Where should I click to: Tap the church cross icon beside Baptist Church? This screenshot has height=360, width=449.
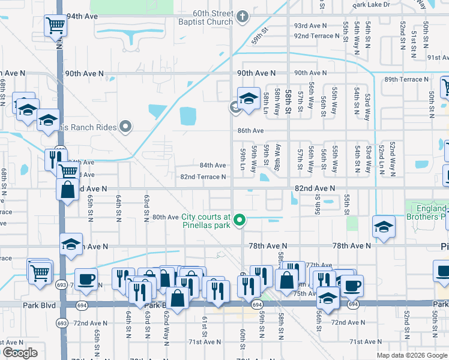point(243,16)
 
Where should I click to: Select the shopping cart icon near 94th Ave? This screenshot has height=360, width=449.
point(55,26)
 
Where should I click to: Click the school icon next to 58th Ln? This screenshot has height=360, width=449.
point(248,98)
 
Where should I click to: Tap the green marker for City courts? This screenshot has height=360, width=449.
point(240,221)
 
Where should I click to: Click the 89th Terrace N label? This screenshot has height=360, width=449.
point(408,79)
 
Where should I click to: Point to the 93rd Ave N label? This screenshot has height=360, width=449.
point(310,26)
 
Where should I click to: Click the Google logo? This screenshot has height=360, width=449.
point(20,353)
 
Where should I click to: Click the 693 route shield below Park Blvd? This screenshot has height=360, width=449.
point(61,323)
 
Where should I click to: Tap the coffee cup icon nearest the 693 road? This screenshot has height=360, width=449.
point(86,279)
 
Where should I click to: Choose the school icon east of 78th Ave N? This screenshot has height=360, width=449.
point(383,227)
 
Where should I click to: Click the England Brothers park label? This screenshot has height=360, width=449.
point(427,212)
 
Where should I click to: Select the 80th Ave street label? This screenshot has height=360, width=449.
point(165,217)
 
